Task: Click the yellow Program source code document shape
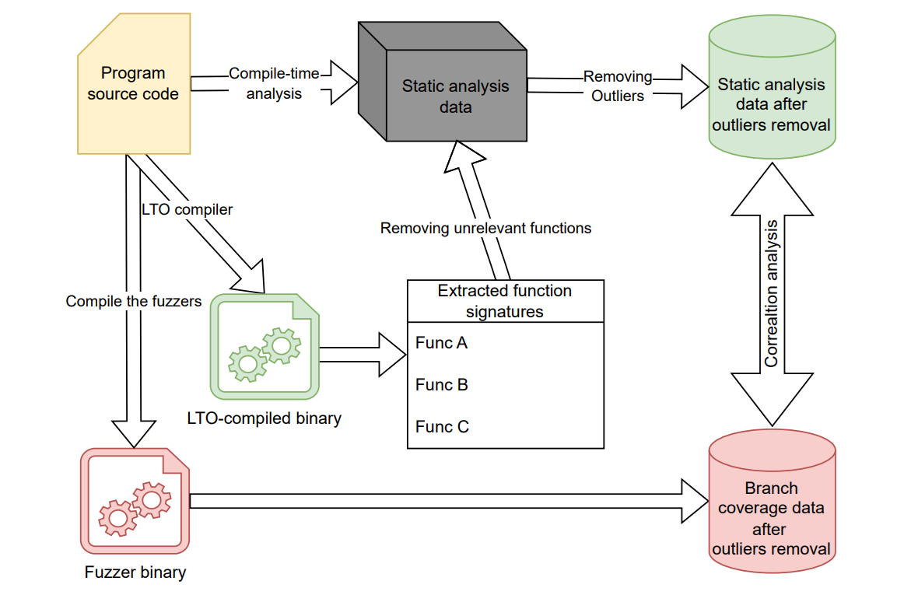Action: click(133, 84)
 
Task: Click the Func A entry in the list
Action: click(441, 343)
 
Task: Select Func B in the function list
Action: click(441, 385)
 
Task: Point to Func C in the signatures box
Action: click(442, 427)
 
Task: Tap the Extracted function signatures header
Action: click(505, 301)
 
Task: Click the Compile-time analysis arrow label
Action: click(274, 84)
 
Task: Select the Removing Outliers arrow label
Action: click(618, 86)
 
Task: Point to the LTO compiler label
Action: click(187, 209)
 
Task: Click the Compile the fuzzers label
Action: click(134, 301)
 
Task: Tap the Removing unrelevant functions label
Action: click(485, 228)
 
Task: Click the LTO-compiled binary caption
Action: click(265, 418)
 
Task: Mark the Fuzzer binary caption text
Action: click(135, 573)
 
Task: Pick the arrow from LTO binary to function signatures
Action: click(363, 354)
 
